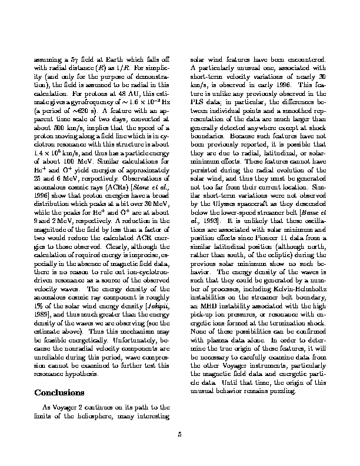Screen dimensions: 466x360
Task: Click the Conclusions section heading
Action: point(59,392)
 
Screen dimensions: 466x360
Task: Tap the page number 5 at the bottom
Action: point(179,435)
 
